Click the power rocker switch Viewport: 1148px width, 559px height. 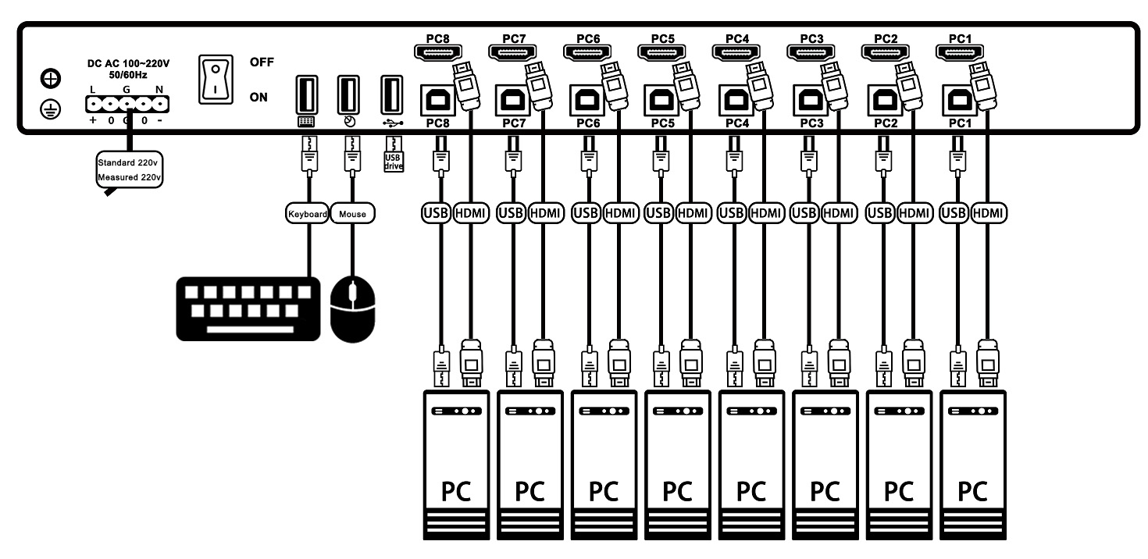click(216, 80)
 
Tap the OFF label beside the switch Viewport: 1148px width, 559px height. click(262, 62)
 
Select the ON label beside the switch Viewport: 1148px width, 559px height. click(258, 98)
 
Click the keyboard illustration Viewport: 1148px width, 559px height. click(248, 309)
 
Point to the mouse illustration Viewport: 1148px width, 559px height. click(353, 309)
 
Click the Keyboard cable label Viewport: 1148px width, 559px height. click(307, 214)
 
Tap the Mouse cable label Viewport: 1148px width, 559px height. click(353, 214)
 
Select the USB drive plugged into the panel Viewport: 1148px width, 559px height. click(394, 154)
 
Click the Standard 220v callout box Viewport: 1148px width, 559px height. click(130, 169)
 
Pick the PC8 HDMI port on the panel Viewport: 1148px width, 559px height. click(437, 52)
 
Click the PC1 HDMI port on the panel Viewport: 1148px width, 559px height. click(959, 52)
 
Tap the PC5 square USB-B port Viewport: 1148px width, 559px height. click(661, 100)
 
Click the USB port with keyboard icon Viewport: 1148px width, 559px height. click(306, 94)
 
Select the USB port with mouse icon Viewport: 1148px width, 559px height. click(348, 94)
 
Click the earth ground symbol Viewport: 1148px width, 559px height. click(50, 109)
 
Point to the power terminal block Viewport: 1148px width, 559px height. click(127, 105)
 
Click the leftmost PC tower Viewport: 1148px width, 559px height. click(456, 465)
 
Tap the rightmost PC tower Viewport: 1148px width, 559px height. click(973, 465)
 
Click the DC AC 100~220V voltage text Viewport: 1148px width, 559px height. click(128, 63)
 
